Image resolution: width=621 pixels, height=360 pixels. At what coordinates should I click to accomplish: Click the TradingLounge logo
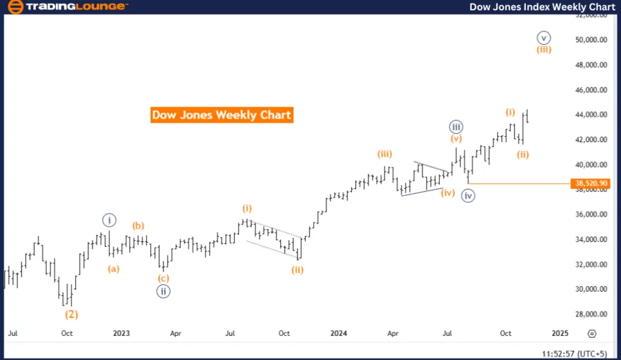click(x=66, y=7)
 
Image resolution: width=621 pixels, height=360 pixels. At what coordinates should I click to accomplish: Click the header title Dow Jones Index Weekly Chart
click(x=542, y=7)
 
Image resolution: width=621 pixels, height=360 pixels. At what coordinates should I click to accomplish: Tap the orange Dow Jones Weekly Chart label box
click(x=221, y=114)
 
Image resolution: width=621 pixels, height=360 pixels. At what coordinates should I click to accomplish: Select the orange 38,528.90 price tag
click(x=590, y=183)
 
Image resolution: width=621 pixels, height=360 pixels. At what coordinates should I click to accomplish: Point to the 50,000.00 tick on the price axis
click(x=591, y=40)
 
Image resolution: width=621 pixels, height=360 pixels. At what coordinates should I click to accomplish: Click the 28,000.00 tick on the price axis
click(x=591, y=314)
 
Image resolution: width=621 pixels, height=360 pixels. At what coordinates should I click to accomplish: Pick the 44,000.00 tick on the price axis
click(x=591, y=114)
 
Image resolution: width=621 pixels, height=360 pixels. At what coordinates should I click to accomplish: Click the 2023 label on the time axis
click(x=121, y=333)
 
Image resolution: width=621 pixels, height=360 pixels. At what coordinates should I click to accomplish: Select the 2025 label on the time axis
click(x=560, y=333)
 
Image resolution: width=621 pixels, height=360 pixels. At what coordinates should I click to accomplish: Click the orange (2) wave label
click(x=72, y=314)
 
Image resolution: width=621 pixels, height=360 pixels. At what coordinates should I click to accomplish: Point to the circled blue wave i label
click(x=110, y=220)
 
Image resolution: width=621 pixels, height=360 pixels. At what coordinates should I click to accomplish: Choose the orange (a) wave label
click(x=113, y=269)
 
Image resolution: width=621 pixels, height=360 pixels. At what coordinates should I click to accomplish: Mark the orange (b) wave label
click(x=139, y=226)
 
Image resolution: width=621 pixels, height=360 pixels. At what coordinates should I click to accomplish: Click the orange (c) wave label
click(x=163, y=279)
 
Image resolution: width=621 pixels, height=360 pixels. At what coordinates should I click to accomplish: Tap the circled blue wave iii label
click(x=455, y=127)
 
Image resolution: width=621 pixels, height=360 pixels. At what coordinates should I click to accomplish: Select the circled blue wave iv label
click(x=469, y=196)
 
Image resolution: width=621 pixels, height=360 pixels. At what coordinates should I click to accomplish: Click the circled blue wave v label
click(x=544, y=37)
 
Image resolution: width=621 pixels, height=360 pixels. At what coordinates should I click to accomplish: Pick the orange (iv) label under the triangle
click(x=448, y=193)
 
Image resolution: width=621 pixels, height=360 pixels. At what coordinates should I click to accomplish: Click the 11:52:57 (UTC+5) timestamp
click(x=575, y=353)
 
